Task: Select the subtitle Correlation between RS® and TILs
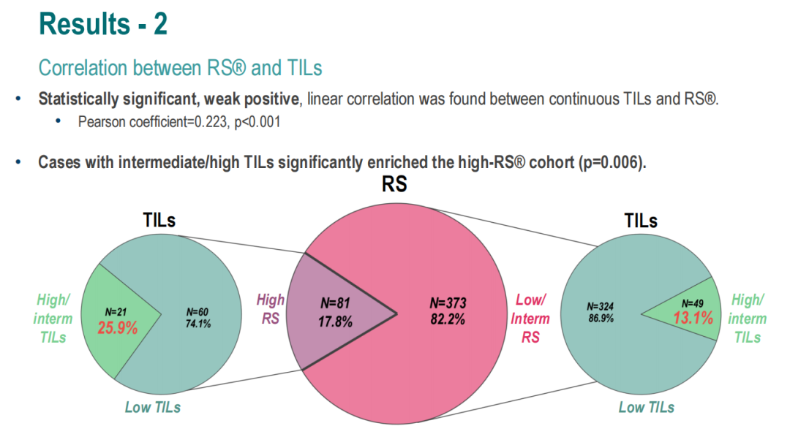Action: pyautogui.click(x=180, y=68)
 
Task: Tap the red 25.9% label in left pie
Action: pyautogui.click(x=118, y=328)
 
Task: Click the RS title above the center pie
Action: pyautogui.click(x=394, y=186)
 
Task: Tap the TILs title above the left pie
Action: pyautogui.click(x=159, y=220)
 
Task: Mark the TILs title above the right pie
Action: pyautogui.click(x=641, y=220)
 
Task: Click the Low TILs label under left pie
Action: pyautogui.click(x=153, y=407)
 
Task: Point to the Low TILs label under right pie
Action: pyautogui.click(x=647, y=407)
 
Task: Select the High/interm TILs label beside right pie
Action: pyautogui.click(x=747, y=318)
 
